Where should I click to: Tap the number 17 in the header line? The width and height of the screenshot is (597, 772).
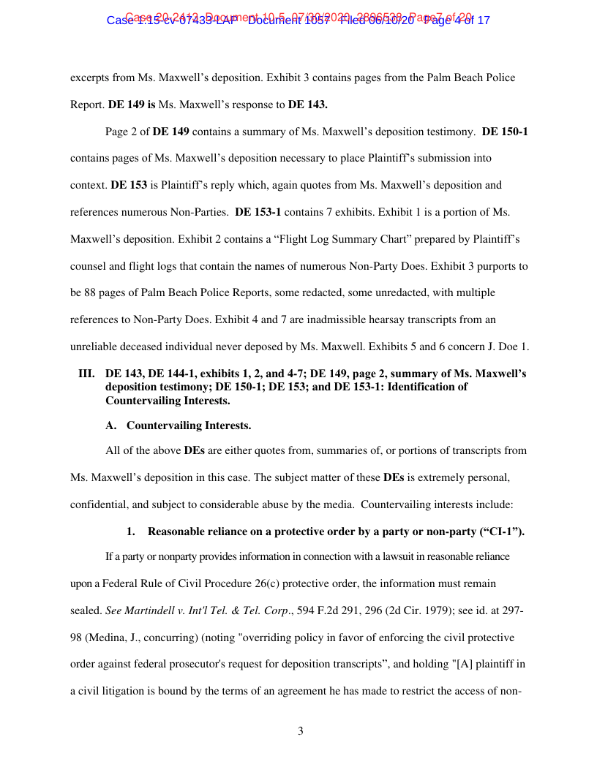pyautogui.click(x=482, y=20)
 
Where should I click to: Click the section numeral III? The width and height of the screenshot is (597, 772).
pyautogui.click(x=86, y=374)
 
